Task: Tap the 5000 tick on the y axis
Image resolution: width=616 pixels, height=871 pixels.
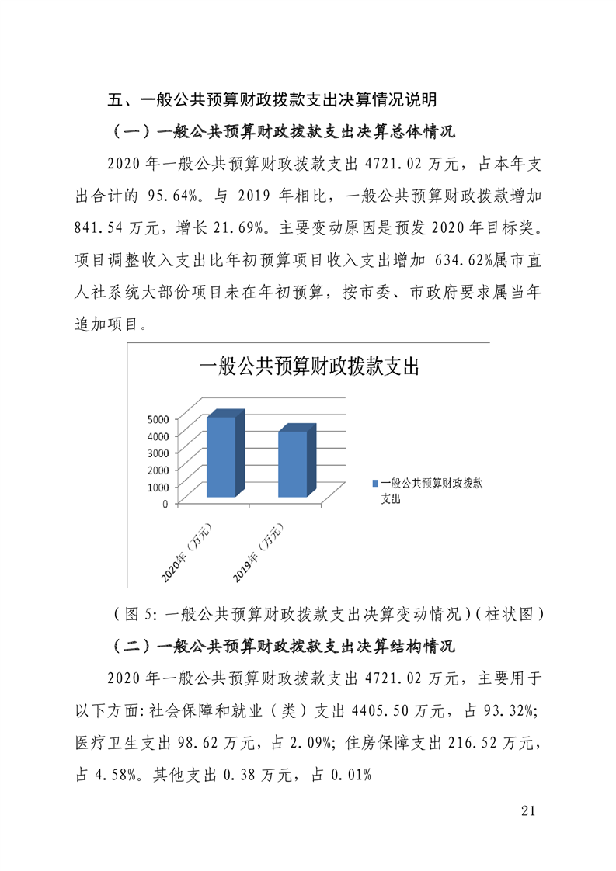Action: (158, 418)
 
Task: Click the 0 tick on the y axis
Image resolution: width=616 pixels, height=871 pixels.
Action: (165, 503)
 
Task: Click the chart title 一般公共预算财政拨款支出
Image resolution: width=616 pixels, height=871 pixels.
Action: (308, 367)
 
